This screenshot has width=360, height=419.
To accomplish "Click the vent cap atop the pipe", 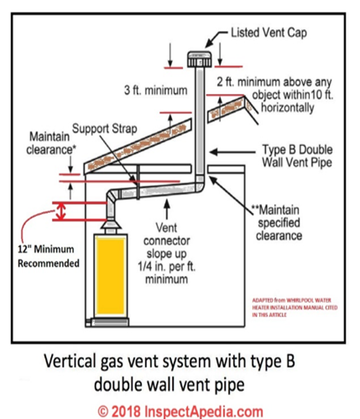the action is click(x=199, y=59).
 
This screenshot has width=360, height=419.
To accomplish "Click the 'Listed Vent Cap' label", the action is click(x=269, y=33).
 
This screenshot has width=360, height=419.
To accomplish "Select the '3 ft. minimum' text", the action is click(x=156, y=90).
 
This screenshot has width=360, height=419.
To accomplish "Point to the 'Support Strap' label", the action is click(x=105, y=128).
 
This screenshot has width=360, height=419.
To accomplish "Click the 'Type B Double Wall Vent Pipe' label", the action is click(x=297, y=156).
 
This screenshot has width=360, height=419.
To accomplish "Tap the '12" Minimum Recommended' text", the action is click(x=48, y=256).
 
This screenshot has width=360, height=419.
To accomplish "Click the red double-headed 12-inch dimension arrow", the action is click(x=62, y=211).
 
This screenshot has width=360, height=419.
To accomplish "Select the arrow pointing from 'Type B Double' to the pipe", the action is click(x=232, y=152).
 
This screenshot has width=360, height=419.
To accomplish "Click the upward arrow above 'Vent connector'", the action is click(x=167, y=210).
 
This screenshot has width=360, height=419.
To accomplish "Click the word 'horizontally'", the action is click(x=287, y=108).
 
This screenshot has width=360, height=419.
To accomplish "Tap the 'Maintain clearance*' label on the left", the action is click(x=51, y=143).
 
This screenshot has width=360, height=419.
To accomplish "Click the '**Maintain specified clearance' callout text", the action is click(x=277, y=223).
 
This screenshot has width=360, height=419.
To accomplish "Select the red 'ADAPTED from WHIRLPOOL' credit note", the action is click(x=295, y=307).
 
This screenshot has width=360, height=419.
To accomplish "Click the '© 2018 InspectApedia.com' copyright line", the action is click(x=181, y=411).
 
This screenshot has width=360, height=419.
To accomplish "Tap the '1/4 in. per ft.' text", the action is click(x=166, y=267).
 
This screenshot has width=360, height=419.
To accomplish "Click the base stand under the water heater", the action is click(x=110, y=322).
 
